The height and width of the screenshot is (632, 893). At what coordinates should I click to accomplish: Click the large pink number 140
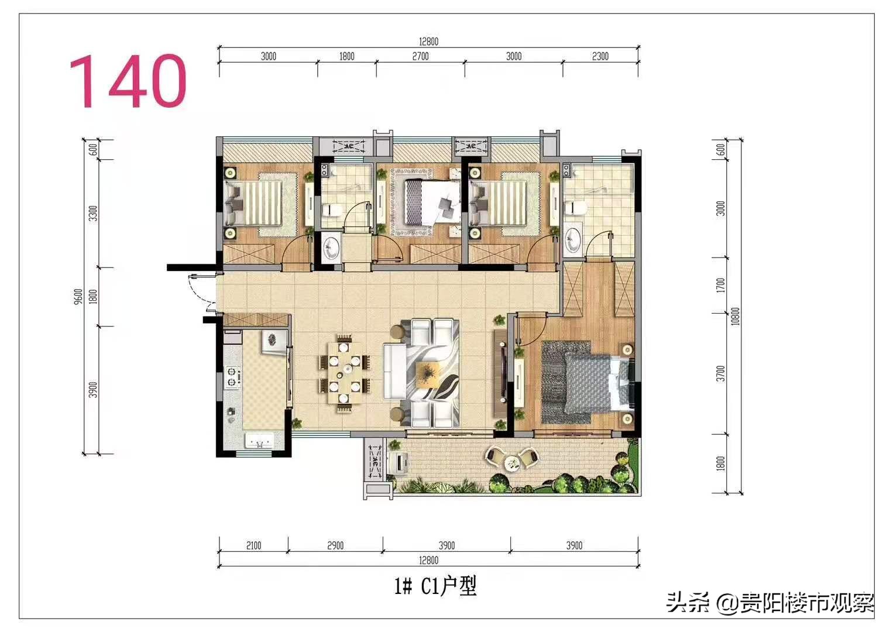click(x=128, y=81)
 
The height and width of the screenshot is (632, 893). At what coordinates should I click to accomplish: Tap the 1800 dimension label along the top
click(x=347, y=56)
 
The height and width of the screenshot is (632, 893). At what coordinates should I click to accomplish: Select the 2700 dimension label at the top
click(x=421, y=56)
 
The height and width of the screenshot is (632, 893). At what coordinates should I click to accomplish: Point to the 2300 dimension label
click(x=600, y=56)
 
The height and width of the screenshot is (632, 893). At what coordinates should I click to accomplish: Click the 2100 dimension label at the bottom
click(x=253, y=545)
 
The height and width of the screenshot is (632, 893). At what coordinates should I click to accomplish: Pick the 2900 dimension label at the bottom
click(x=335, y=545)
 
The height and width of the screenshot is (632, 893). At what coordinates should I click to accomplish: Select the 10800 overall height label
click(x=736, y=316)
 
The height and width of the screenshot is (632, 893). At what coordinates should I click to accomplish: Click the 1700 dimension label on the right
click(x=721, y=286)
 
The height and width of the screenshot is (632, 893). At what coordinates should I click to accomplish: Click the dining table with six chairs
click(x=345, y=373)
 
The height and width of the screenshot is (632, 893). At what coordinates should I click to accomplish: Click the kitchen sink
click(x=259, y=441)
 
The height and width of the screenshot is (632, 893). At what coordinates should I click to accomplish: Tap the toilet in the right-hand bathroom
click(x=575, y=208)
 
